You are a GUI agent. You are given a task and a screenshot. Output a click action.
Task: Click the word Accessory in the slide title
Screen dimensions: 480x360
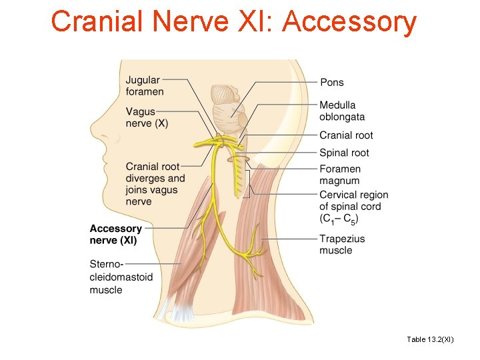coord(349,23)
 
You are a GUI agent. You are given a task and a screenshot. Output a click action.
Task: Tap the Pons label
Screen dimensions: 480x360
coord(332,82)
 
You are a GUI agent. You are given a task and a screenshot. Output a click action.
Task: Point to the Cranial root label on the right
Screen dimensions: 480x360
coord(346,135)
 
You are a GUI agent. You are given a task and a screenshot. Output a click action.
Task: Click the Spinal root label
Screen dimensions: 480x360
coord(344,153)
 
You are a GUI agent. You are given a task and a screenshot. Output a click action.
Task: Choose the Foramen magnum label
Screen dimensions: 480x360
coord(340,175)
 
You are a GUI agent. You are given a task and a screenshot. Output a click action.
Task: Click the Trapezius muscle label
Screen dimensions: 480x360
coord(342,245)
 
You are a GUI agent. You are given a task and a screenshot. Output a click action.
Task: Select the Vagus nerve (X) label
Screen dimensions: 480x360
coord(147,118)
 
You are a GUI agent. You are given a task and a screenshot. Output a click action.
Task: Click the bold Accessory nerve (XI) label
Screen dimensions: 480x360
coord(116,234)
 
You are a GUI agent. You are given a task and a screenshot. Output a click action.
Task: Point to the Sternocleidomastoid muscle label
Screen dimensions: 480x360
coord(121,277)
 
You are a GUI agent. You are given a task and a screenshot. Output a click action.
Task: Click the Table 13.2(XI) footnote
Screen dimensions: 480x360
coord(430,339)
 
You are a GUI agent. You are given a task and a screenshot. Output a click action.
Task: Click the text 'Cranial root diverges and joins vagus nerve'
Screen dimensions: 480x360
coord(155,184)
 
